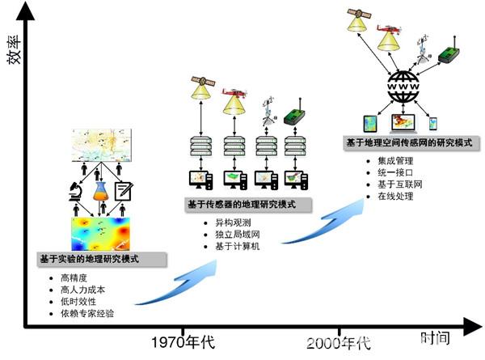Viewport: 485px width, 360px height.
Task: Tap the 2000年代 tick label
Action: coord(339,341)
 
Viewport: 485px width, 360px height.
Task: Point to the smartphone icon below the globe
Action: coord(432,123)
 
